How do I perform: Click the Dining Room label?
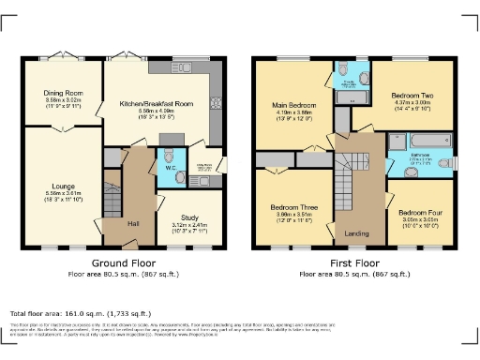pyautogui.click(x=63, y=93)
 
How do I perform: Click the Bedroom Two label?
pyautogui.click(x=411, y=97)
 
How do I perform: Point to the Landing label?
pyautogui.click(x=355, y=234)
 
